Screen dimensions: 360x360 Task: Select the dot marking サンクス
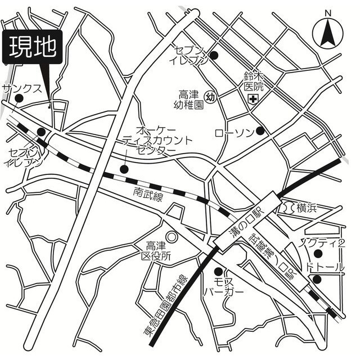pyautogui.click(x=19, y=99)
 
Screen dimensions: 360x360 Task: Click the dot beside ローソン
pyautogui.click(x=260, y=131)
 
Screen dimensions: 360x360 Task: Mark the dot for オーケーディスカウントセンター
pyautogui.click(x=124, y=168)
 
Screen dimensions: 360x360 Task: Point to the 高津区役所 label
pyautogui.click(x=158, y=250)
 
